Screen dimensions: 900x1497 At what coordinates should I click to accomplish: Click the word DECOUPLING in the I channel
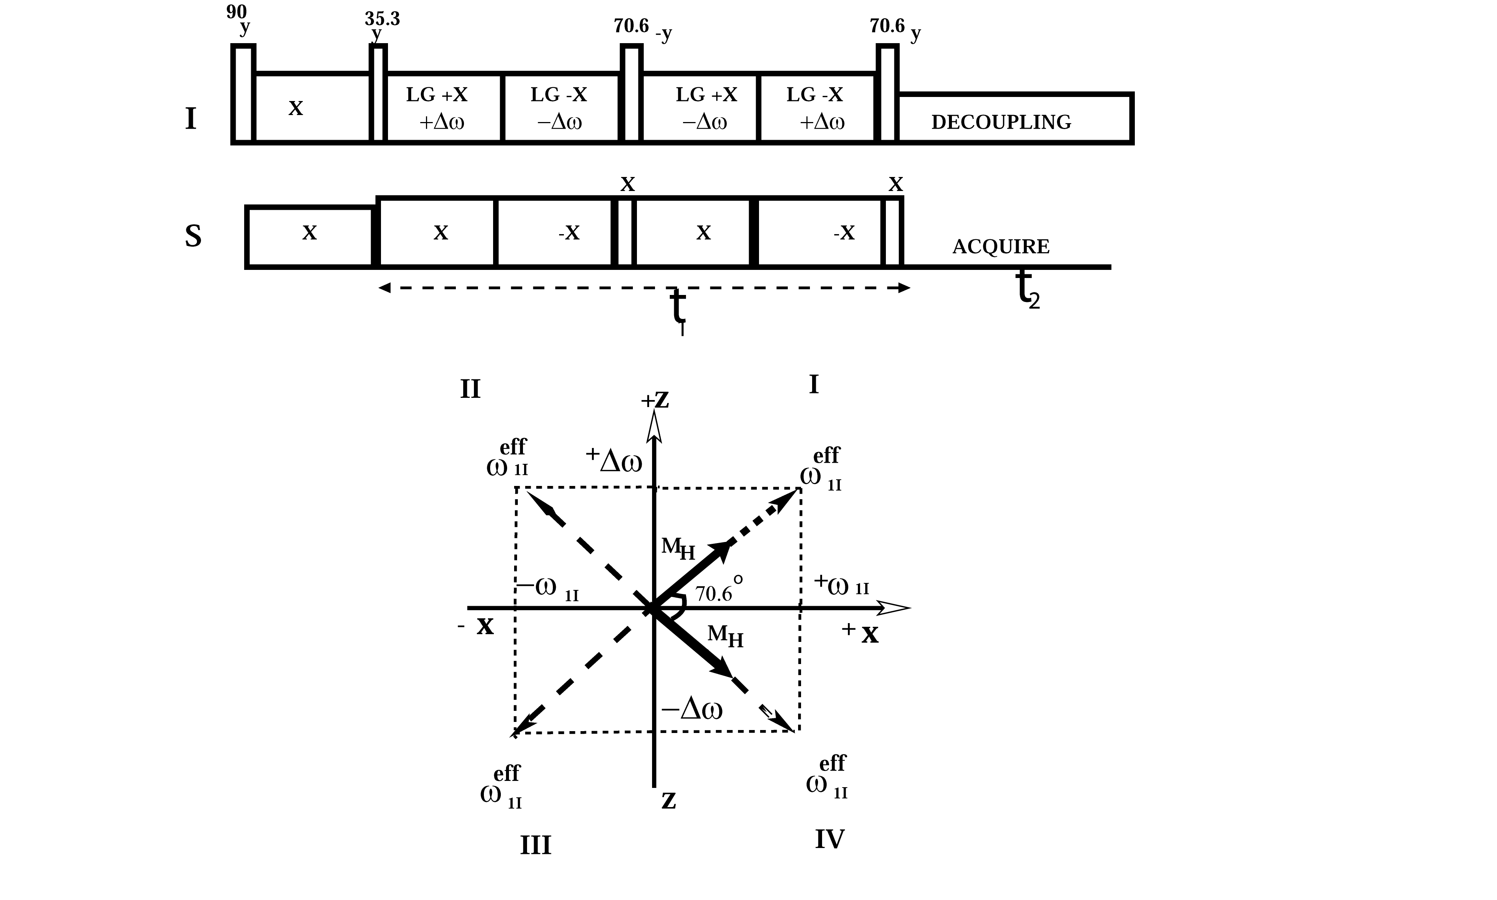1001,122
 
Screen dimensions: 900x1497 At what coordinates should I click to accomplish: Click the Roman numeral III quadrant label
535,845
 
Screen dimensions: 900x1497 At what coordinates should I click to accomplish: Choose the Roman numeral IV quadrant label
829,840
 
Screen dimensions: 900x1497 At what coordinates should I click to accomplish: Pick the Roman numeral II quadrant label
470,389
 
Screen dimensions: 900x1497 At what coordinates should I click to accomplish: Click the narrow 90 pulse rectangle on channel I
243,94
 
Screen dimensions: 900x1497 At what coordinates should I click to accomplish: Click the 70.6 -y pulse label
642,27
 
